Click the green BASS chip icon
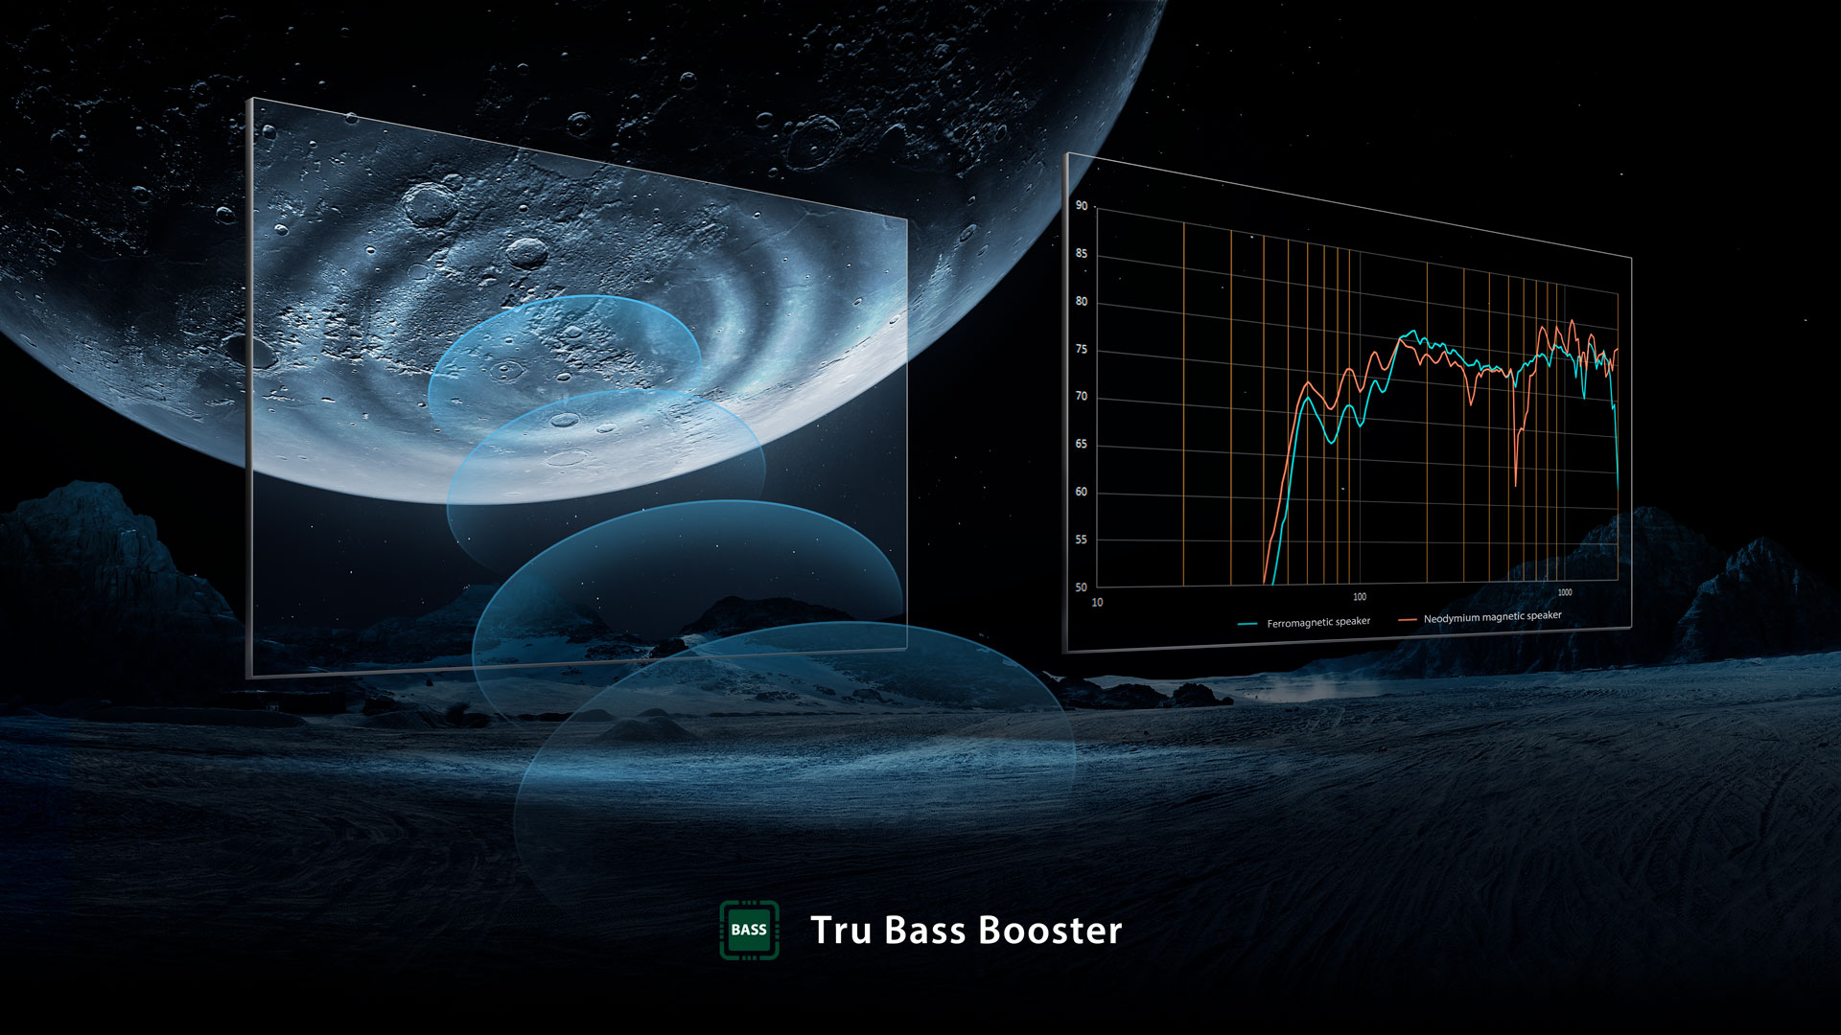[749, 930]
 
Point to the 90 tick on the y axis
[1082, 205]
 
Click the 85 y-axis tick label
[1082, 254]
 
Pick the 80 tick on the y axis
[1082, 302]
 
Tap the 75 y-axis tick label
[1082, 350]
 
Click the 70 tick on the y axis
[1082, 397]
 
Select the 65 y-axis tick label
[1082, 445]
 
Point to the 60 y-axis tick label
[1082, 493]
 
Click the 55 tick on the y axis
[1082, 540]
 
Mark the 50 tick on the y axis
[1082, 587]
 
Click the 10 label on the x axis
[1098, 603]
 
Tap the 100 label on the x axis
[1360, 597]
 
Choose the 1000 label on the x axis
[1565, 592]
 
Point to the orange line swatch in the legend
[1408, 620]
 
